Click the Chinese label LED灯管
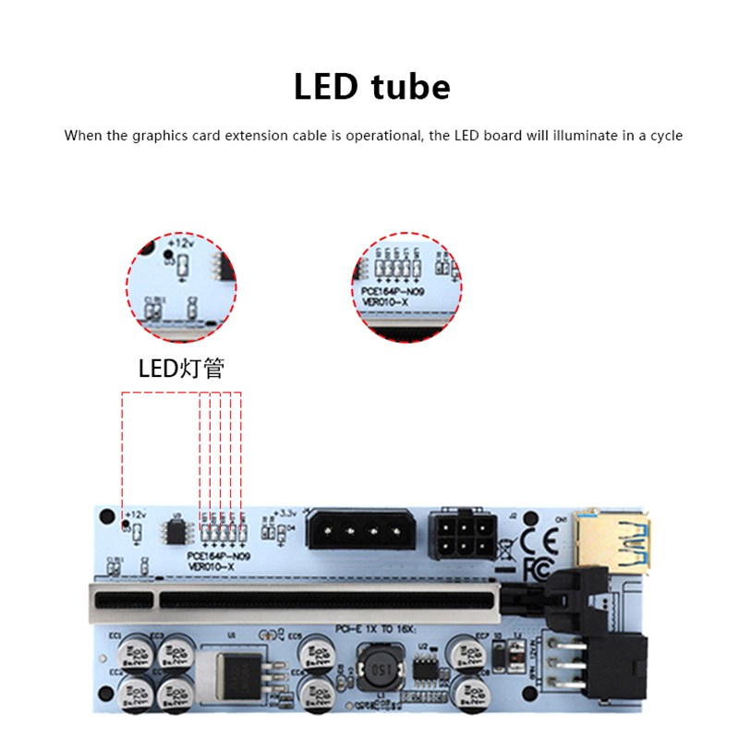coord(181,369)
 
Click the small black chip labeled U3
coord(176,531)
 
